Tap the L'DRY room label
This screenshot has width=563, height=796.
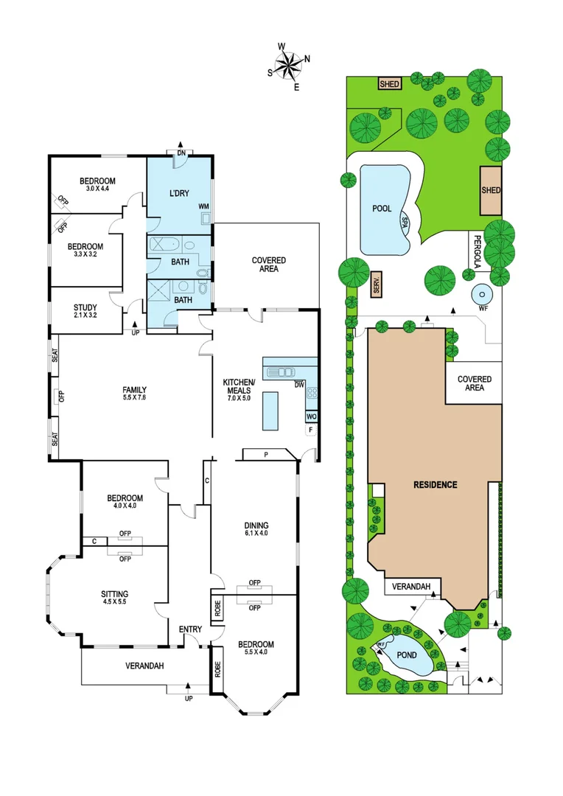point(180,193)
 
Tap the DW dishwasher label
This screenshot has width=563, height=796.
point(299,384)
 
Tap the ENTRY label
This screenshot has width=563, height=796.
point(190,629)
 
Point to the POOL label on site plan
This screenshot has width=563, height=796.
point(382,209)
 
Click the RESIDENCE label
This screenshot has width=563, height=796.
point(435,484)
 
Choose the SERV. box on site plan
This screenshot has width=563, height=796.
point(376,284)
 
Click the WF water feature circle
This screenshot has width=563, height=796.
point(482,296)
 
